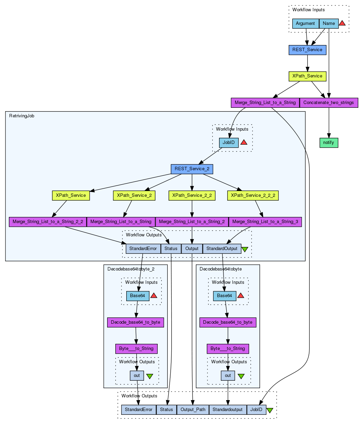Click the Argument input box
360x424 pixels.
click(305, 24)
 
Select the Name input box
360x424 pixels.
click(329, 24)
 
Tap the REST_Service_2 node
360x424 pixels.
click(192, 169)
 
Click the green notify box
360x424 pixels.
click(329, 143)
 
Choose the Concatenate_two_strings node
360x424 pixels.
click(329, 103)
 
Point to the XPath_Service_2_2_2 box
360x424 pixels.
click(253, 195)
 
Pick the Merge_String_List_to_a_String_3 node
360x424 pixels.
click(265, 222)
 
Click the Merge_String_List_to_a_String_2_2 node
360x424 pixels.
click(48, 222)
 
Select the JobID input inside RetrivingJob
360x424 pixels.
click(229, 143)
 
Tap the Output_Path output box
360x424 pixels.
click(193, 410)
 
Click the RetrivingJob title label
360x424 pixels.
click(22, 116)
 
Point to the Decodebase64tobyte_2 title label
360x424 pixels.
click(131, 269)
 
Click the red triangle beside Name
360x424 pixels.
click(342, 23)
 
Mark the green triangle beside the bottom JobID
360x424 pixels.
click(270, 410)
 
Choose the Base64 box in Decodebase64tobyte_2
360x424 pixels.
click(138, 296)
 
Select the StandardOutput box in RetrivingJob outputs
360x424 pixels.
click(222, 249)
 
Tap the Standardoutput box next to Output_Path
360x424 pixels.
click(228, 410)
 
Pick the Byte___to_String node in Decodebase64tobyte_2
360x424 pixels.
click(136, 349)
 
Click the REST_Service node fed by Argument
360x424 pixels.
click(307, 50)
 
